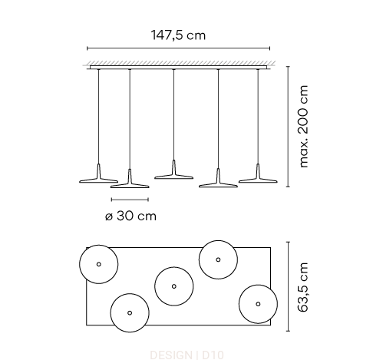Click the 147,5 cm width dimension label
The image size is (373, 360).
(178, 35)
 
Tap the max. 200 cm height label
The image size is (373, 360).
(304, 127)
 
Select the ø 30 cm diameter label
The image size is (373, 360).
(130, 216)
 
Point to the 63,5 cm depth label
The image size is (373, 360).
(303, 287)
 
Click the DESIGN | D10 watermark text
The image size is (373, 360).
(186, 355)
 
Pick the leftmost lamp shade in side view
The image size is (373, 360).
(99, 177)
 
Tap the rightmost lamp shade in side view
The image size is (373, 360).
(258, 177)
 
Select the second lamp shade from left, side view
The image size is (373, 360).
(130, 183)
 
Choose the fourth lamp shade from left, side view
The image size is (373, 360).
(218, 182)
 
